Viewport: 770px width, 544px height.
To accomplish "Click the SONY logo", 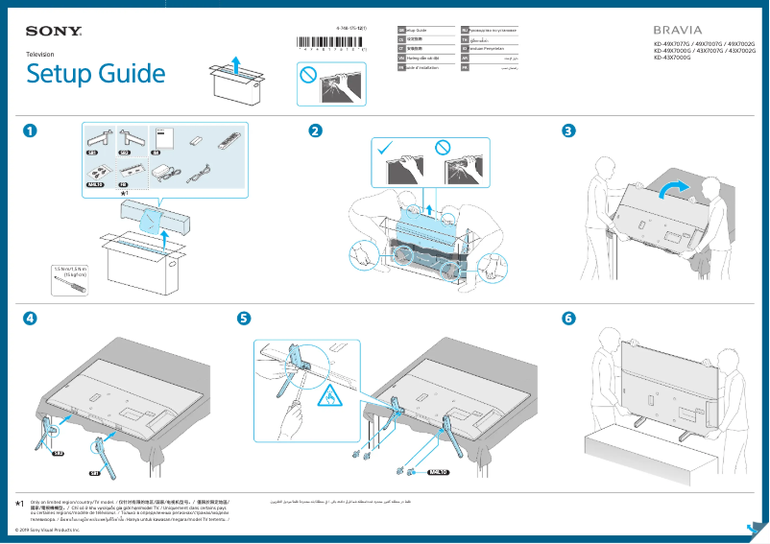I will click(53, 31).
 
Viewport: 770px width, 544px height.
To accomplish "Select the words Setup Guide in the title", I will click(95, 74).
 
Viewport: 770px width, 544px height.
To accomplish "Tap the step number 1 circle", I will click(33, 131).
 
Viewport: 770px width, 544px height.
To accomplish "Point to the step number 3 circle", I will click(569, 131).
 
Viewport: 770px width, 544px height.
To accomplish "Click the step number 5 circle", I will click(245, 318).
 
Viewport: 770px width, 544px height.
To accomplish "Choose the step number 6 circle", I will click(569, 318).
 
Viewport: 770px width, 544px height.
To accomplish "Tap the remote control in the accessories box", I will click(227, 142).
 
